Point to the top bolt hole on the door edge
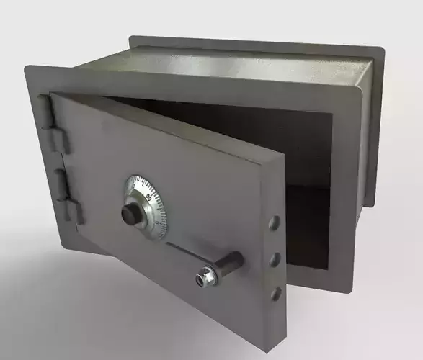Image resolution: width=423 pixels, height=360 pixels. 275,222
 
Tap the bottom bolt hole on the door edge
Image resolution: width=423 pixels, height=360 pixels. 275,292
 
